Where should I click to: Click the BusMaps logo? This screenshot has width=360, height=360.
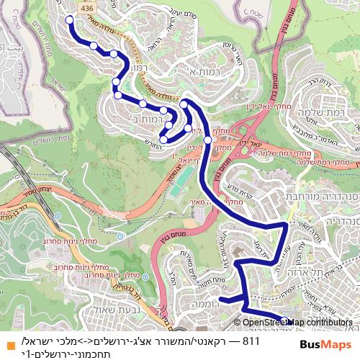coord(324,343)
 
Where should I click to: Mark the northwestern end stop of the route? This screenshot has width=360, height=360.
coord(71,20)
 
